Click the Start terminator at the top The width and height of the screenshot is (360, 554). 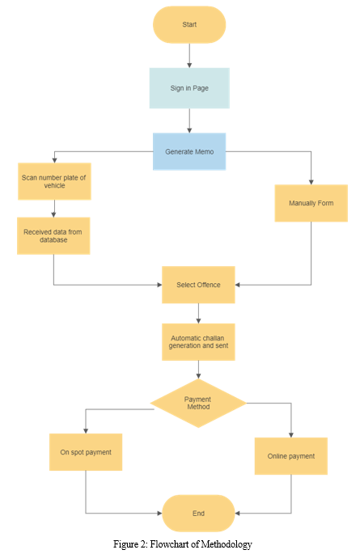(189, 24)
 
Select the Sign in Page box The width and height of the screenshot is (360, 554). (189, 88)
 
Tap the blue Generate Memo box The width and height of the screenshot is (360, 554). (189, 151)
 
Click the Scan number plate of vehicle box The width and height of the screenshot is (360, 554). (54, 181)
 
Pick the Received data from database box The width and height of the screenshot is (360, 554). (53, 235)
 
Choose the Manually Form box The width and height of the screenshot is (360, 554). (311, 203)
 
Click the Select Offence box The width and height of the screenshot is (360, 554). (198, 285)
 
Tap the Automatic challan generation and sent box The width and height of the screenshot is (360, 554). (198, 342)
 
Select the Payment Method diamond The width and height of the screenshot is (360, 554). (198, 403)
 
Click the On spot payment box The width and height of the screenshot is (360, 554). (86, 452)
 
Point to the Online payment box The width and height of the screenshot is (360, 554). (290, 456)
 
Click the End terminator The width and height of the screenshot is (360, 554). (198, 513)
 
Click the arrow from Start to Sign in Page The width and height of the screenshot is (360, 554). (189, 56)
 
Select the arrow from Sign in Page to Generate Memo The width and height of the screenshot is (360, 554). (189, 121)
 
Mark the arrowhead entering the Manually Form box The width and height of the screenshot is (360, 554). (311, 182)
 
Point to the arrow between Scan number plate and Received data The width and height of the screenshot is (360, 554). (53, 209)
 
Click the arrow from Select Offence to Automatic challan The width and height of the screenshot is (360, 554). (198, 313)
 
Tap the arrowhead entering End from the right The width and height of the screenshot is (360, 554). (237, 513)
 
